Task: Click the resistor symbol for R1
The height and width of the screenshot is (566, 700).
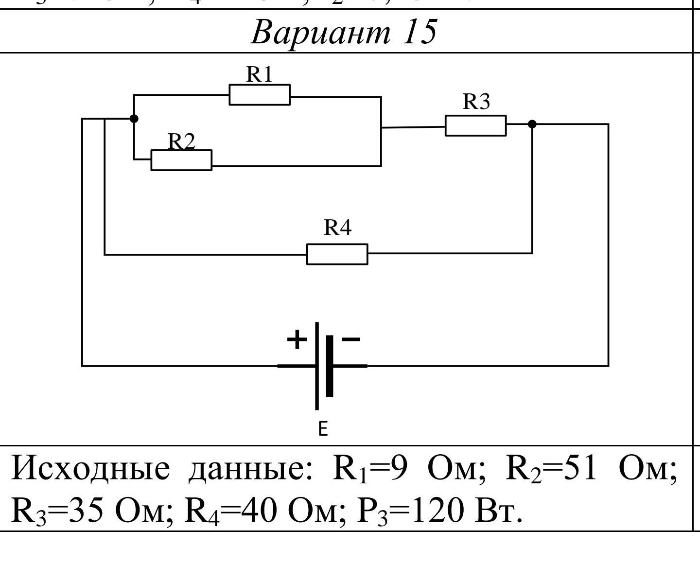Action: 260,95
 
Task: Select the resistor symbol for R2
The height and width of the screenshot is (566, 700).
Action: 181,160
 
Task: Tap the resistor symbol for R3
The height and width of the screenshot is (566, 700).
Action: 475,125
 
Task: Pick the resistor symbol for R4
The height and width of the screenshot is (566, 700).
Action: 337,254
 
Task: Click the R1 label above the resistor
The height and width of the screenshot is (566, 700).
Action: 260,74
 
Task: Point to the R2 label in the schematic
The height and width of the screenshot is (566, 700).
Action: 181,141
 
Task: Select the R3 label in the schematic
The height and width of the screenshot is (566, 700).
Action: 476,102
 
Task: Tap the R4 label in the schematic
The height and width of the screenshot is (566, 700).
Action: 337,228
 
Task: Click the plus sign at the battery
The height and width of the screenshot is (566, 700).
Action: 297,339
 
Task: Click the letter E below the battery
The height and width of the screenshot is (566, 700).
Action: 323,429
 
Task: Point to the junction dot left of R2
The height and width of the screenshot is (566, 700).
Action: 134,119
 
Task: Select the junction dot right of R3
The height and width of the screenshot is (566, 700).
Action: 532,124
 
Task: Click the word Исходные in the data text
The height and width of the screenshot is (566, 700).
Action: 91,469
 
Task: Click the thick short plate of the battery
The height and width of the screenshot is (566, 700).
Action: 330,366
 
